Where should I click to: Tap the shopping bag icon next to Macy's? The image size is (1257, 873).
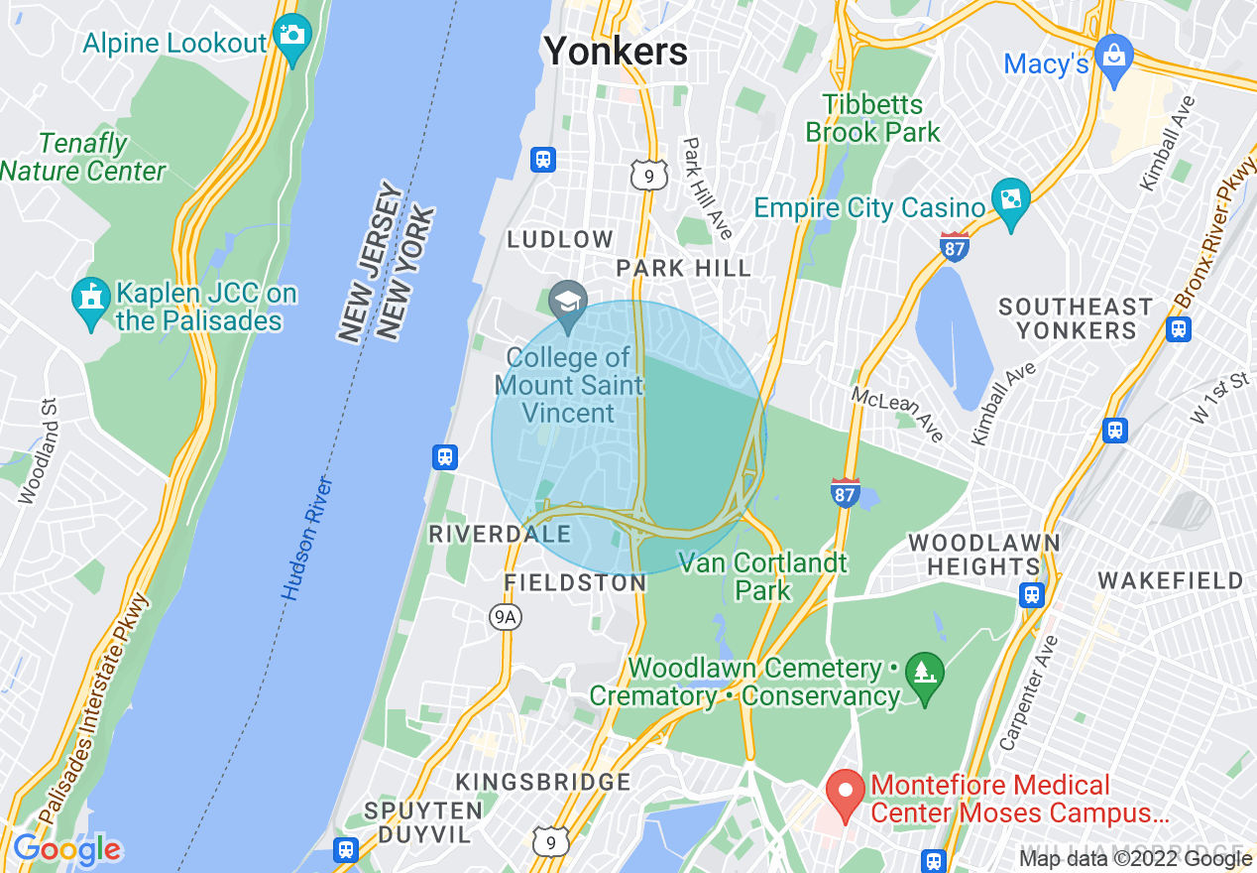(1114, 59)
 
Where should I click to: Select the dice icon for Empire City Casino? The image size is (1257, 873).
(1011, 201)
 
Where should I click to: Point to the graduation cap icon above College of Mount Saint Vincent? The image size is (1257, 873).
(568, 302)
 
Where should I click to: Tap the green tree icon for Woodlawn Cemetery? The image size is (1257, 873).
(924, 678)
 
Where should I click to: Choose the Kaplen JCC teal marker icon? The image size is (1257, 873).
(91, 301)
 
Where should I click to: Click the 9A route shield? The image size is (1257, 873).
(506, 617)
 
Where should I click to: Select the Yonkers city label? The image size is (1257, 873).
(616, 50)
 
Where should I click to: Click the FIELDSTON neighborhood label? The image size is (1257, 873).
(575, 582)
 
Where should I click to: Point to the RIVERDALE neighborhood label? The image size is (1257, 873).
(500, 534)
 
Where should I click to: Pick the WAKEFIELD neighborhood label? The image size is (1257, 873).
(1170, 580)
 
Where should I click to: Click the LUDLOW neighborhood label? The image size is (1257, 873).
(560, 239)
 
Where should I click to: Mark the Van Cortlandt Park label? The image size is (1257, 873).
(762, 576)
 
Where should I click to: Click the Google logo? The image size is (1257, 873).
(66, 848)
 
